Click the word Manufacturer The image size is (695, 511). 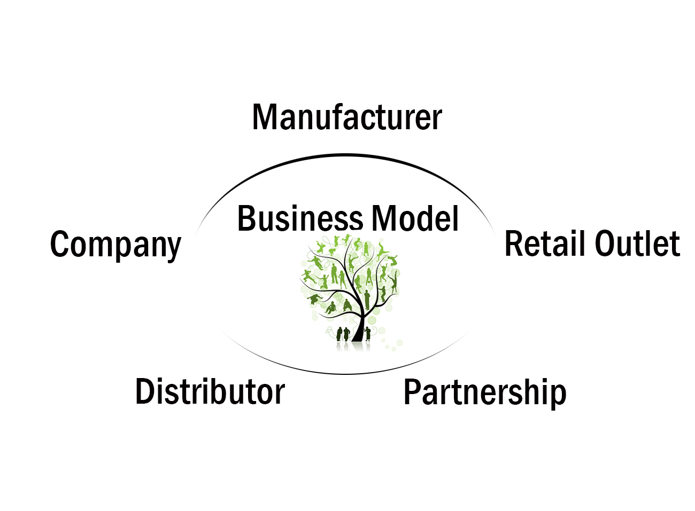347,117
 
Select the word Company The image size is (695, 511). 115,245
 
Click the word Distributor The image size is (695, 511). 210,391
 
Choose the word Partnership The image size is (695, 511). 485,392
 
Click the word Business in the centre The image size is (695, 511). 300,218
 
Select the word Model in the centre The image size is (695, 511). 415,218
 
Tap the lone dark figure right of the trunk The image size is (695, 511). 368,334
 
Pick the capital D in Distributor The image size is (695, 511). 145,391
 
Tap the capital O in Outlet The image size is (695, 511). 606,244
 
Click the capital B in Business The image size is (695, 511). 246,218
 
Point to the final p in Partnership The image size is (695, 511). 558,396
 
